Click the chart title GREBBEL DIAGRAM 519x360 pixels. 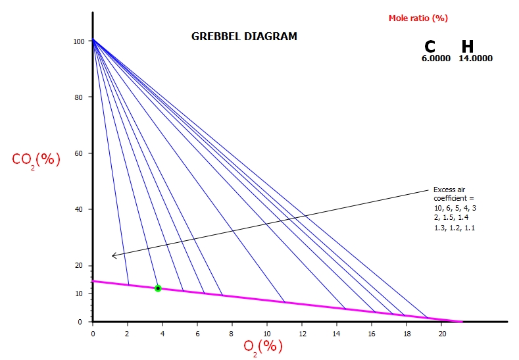click(x=244, y=37)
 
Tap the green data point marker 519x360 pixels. click(x=158, y=288)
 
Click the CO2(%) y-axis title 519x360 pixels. click(x=36, y=159)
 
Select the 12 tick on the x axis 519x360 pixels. click(x=302, y=333)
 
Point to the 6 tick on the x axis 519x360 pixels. click(x=197, y=333)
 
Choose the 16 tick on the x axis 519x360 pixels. click(x=372, y=333)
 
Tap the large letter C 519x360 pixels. click(x=430, y=47)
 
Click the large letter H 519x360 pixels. click(x=467, y=47)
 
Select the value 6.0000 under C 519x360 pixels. click(x=436, y=59)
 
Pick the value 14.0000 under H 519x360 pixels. click(x=476, y=59)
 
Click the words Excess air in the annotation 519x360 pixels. click(x=449, y=190)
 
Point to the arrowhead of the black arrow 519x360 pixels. click(x=114, y=255)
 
